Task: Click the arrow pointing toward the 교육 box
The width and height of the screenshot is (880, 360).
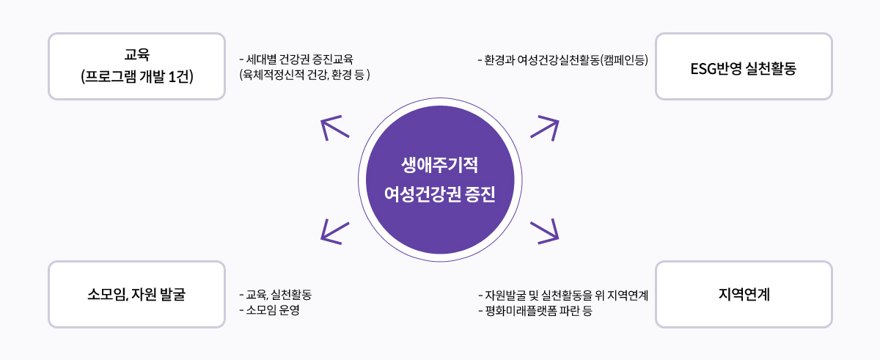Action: point(334,128)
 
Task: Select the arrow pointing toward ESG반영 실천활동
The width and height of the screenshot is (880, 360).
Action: point(545,128)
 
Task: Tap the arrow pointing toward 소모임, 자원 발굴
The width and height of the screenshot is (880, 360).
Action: point(334,232)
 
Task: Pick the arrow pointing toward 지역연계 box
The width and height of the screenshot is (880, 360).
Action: point(545,232)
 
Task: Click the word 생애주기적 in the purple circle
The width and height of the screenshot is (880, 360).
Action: point(439,165)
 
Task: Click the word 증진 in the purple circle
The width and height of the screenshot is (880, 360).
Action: point(480,194)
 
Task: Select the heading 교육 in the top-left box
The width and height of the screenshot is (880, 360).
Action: point(136,54)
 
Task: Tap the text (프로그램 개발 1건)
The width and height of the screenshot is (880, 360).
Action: point(137,76)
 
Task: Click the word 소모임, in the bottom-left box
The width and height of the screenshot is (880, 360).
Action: point(108,294)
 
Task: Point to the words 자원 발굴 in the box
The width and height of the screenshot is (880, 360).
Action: point(158,294)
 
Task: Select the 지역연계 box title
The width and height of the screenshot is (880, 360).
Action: point(744,294)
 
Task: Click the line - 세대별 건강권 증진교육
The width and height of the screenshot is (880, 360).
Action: point(296,59)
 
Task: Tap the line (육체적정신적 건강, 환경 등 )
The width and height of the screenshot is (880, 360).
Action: point(304,75)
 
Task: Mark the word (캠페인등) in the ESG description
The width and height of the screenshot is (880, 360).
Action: point(624,60)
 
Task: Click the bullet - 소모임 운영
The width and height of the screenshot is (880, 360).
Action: point(269,310)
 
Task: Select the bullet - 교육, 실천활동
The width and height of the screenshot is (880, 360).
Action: point(275,295)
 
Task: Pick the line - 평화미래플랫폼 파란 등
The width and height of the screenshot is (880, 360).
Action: point(535,311)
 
